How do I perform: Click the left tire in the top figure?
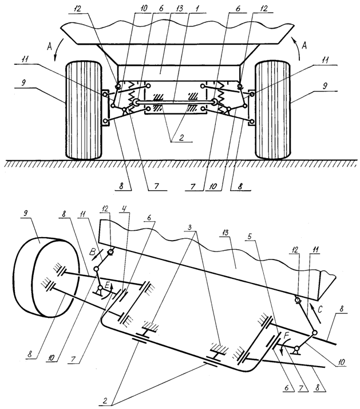click(x=84, y=110)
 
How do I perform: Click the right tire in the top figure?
click(x=273, y=110)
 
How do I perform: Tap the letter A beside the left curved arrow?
click(x=50, y=46)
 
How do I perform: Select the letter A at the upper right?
click(x=304, y=46)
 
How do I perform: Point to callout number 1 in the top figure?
click(x=197, y=8)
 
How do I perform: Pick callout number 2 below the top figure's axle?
click(x=181, y=137)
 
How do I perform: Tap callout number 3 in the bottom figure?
click(x=191, y=227)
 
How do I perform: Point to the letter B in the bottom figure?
click(x=92, y=252)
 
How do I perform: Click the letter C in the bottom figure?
click(x=321, y=309)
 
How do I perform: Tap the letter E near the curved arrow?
click(x=107, y=286)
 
